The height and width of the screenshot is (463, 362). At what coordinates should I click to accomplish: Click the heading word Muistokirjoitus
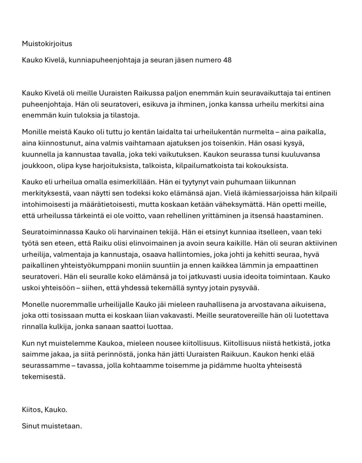coord(47,44)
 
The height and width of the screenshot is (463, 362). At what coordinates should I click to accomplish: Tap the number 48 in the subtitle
coord(227,60)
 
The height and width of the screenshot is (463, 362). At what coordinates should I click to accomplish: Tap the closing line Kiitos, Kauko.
coord(45,410)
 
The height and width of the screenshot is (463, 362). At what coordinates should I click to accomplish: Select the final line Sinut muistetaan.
coord(52,426)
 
